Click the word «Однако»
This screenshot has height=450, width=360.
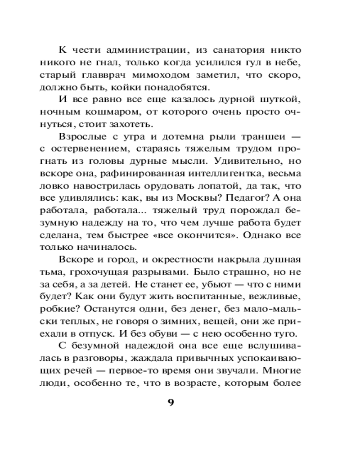267,233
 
